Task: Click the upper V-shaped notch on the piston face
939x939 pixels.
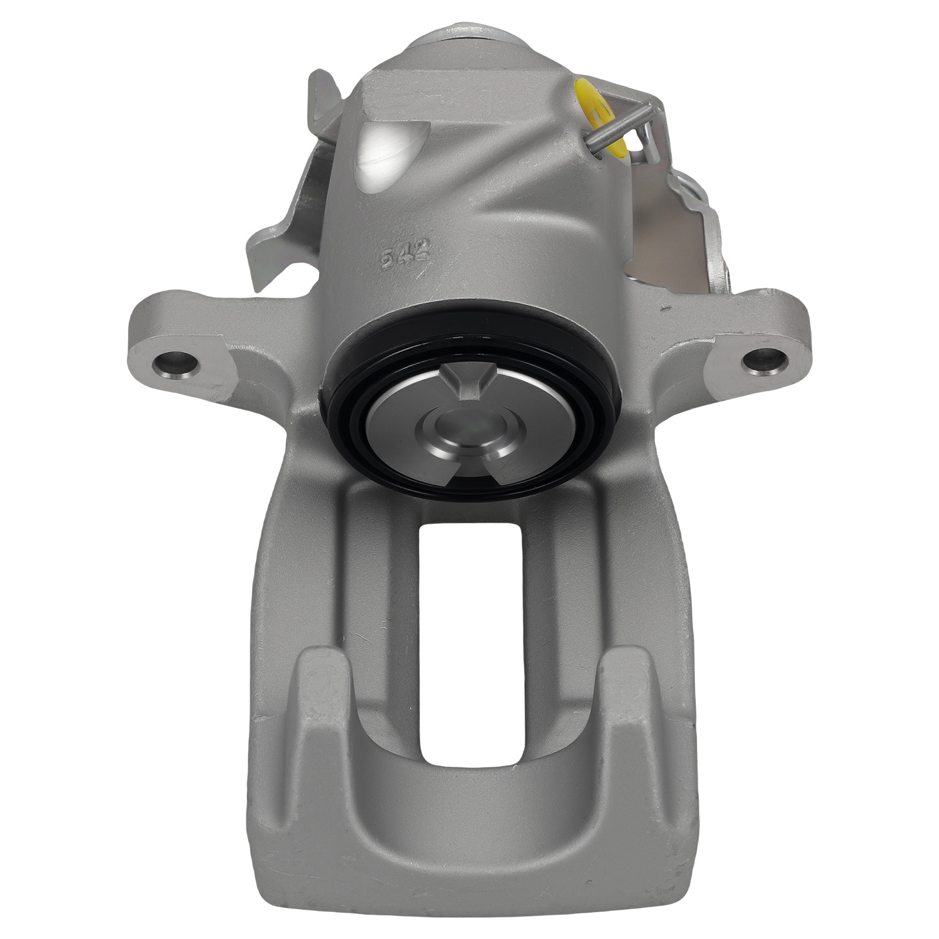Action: pyautogui.click(x=464, y=377)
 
